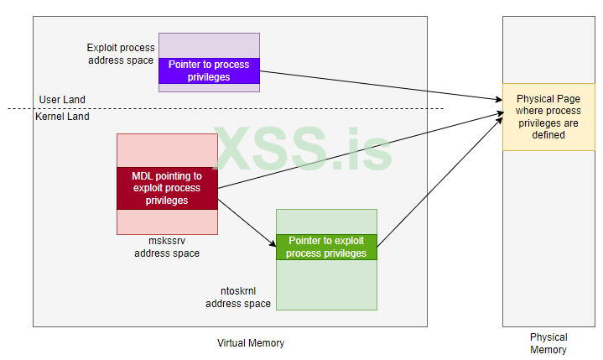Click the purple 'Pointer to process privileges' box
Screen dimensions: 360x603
tap(210, 70)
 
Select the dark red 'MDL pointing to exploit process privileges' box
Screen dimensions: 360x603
tap(167, 188)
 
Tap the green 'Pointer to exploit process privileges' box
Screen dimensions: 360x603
tap(326, 247)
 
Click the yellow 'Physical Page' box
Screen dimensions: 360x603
tap(548, 117)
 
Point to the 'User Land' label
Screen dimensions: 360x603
tap(62, 100)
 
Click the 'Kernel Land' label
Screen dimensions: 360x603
tap(62, 117)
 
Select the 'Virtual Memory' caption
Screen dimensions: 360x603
tap(251, 342)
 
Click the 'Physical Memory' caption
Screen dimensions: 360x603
tap(548, 343)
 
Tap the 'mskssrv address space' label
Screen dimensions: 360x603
tap(167, 247)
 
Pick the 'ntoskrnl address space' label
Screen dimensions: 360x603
tap(238, 297)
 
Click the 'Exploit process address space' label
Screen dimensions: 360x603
tap(121, 55)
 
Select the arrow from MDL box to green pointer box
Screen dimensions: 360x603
tap(247, 220)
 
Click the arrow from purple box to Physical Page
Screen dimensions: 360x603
tap(377, 84)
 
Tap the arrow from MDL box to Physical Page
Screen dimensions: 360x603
tap(352, 151)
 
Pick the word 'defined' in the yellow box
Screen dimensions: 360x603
tap(548, 134)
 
